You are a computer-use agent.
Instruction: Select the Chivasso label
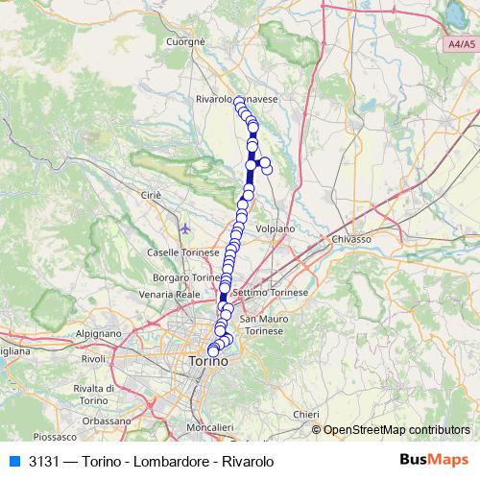click(x=350, y=237)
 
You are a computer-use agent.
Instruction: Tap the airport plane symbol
click(x=185, y=229)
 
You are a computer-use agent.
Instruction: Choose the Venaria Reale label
click(x=169, y=294)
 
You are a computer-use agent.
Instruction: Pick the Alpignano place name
click(x=98, y=331)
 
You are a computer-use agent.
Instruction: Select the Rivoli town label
click(x=93, y=358)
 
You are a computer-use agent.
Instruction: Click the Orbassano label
click(x=107, y=420)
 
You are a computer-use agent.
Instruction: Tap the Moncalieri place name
click(x=210, y=426)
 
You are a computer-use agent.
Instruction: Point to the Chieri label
click(x=305, y=414)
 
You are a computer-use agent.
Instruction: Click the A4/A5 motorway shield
click(x=461, y=45)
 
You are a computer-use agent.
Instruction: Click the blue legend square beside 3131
click(x=12, y=461)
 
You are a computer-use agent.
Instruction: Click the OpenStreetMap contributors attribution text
click(x=396, y=429)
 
